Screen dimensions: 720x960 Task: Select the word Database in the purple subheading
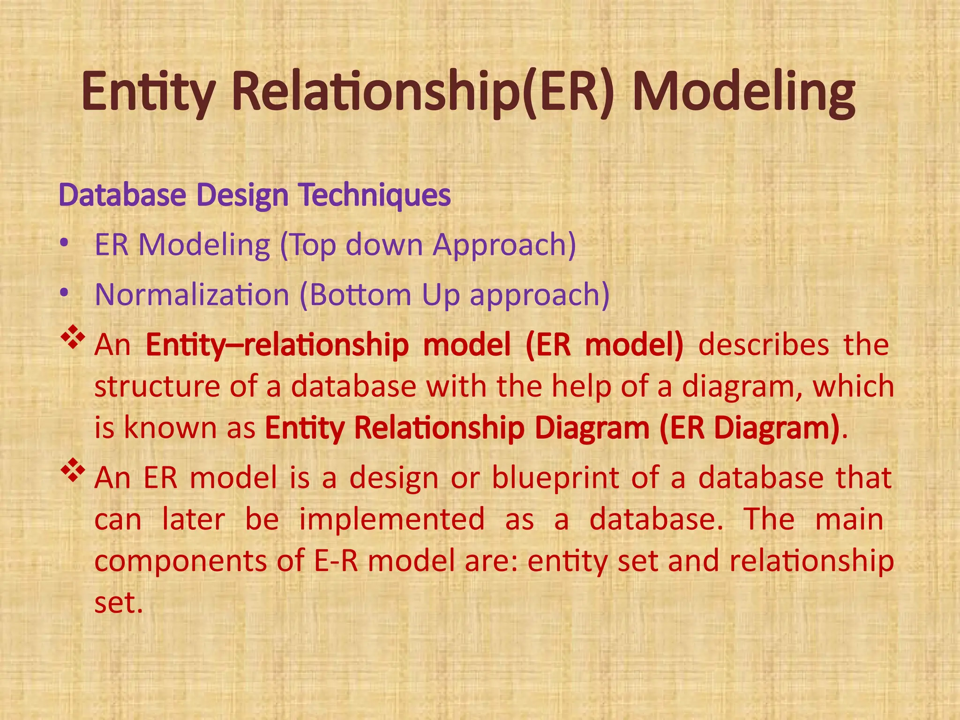coord(122,195)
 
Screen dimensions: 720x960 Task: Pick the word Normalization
coord(192,295)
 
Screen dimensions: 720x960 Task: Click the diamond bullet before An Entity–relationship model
coord(73,339)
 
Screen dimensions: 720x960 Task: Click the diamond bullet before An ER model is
coord(73,472)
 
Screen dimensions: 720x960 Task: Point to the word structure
coord(157,387)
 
